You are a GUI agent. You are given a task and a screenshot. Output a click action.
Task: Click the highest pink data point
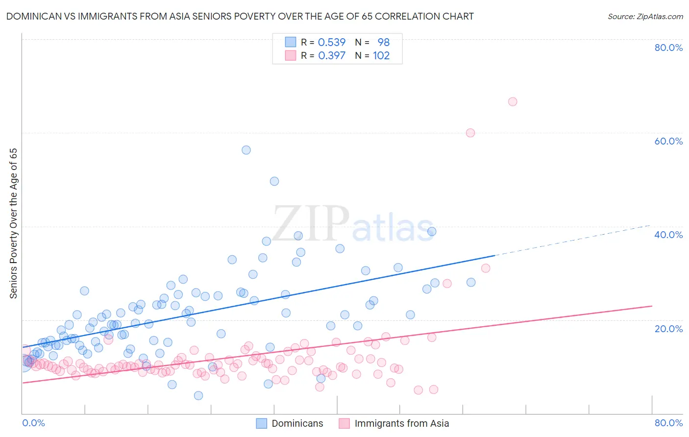click(513, 102)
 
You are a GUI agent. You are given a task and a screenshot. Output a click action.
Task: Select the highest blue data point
click(246, 150)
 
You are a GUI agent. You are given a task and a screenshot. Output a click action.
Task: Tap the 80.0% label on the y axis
click(668, 48)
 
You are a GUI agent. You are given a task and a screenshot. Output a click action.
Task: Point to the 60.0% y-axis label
click(668, 141)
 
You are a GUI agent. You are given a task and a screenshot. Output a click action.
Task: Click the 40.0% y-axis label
click(668, 235)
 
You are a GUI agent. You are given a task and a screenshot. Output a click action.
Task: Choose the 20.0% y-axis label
click(668, 329)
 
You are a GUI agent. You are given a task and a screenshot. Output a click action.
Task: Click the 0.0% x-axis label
click(34, 423)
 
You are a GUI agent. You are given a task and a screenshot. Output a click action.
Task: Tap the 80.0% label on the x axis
click(668, 423)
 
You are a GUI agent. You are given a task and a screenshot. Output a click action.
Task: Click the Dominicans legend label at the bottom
click(297, 424)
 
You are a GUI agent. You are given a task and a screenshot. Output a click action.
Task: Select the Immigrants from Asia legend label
click(401, 424)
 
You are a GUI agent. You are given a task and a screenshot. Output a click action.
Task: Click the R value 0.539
click(332, 43)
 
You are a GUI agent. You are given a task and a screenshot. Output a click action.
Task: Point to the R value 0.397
click(332, 56)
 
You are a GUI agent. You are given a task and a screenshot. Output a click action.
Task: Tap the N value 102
click(381, 56)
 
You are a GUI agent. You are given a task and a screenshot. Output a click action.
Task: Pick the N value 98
click(383, 43)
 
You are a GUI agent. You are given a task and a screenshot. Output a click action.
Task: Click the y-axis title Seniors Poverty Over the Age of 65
click(14, 223)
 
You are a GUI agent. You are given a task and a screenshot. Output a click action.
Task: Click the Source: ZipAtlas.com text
click(645, 17)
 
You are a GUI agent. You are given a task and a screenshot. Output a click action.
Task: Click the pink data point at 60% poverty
click(470, 133)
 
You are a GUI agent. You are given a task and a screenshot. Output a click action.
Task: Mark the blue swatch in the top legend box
click(291, 43)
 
